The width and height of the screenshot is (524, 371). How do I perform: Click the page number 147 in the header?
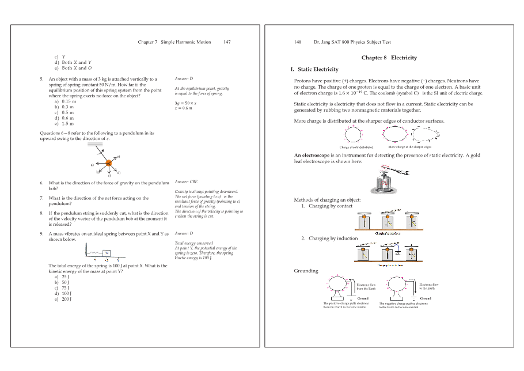(227, 42)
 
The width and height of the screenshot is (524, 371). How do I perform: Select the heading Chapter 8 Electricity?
(389, 58)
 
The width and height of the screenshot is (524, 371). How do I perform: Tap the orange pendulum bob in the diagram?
(108, 163)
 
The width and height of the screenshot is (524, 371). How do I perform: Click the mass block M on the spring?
(107, 252)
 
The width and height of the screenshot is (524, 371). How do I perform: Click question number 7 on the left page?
(41, 198)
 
